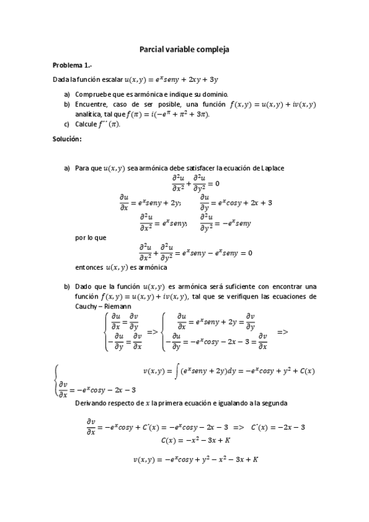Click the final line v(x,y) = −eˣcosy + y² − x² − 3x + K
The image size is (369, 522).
pyautogui.click(x=195, y=459)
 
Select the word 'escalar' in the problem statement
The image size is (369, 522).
pyautogui.click(x=109, y=79)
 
